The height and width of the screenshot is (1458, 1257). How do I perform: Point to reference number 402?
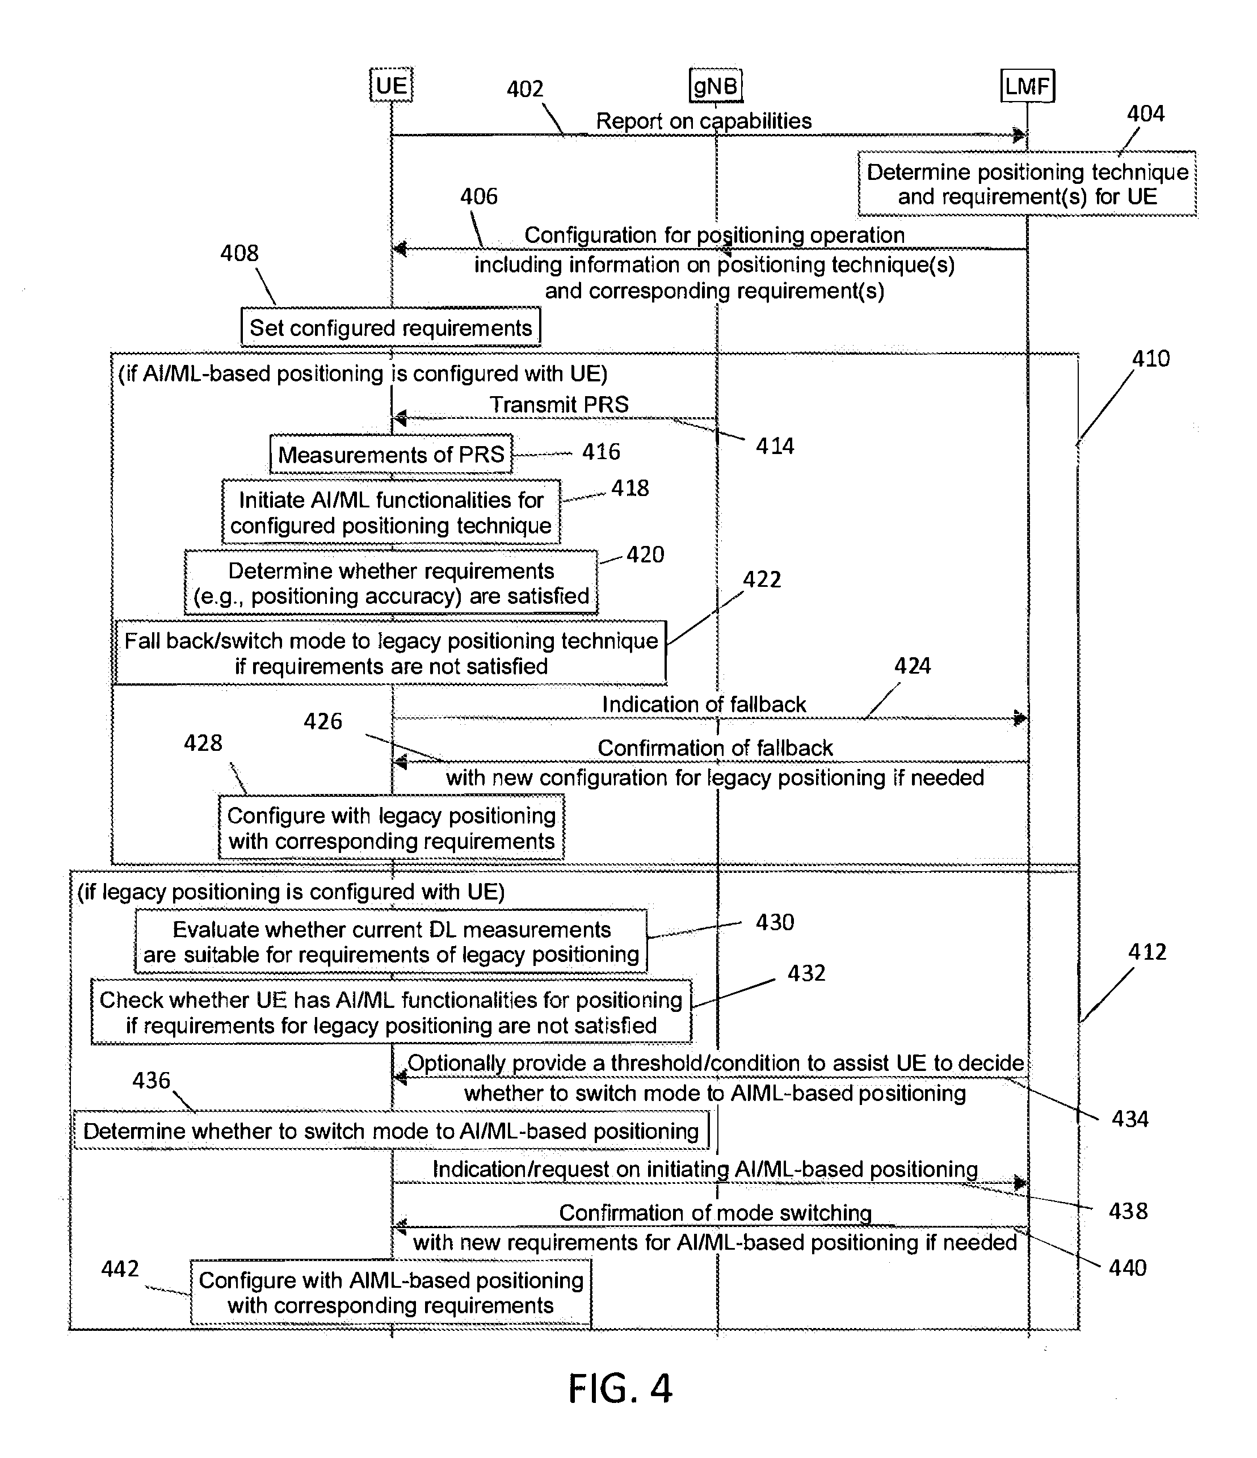point(525,89)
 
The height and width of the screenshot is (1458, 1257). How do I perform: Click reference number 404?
point(1146,114)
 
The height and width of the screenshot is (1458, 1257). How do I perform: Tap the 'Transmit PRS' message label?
point(559,404)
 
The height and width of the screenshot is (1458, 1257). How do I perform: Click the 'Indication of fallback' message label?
point(704,704)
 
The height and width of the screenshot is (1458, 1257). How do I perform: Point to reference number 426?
point(323,721)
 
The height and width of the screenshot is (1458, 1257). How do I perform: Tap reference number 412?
point(1147,952)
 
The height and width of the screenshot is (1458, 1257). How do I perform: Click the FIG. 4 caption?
point(620,1388)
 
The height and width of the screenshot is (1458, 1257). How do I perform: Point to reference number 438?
point(1128,1211)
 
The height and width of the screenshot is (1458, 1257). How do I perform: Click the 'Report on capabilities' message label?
point(704,120)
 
